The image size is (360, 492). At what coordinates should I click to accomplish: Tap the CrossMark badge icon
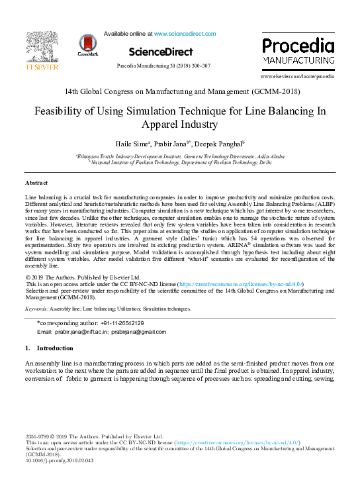tap(87, 44)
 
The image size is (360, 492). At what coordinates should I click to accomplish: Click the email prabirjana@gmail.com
tap(138, 331)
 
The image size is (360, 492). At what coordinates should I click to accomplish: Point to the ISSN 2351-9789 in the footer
tap(38, 437)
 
